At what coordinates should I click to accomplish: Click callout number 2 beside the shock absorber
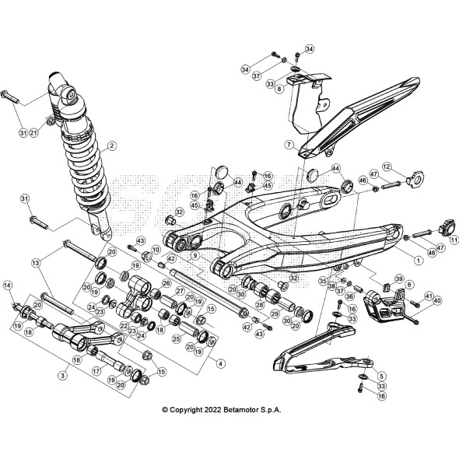tap(112, 145)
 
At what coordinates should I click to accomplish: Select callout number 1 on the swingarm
tap(419, 260)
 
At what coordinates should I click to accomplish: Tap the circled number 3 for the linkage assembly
tap(63, 375)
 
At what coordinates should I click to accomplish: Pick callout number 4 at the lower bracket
tap(220, 363)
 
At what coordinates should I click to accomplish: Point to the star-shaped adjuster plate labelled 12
tap(416, 179)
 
